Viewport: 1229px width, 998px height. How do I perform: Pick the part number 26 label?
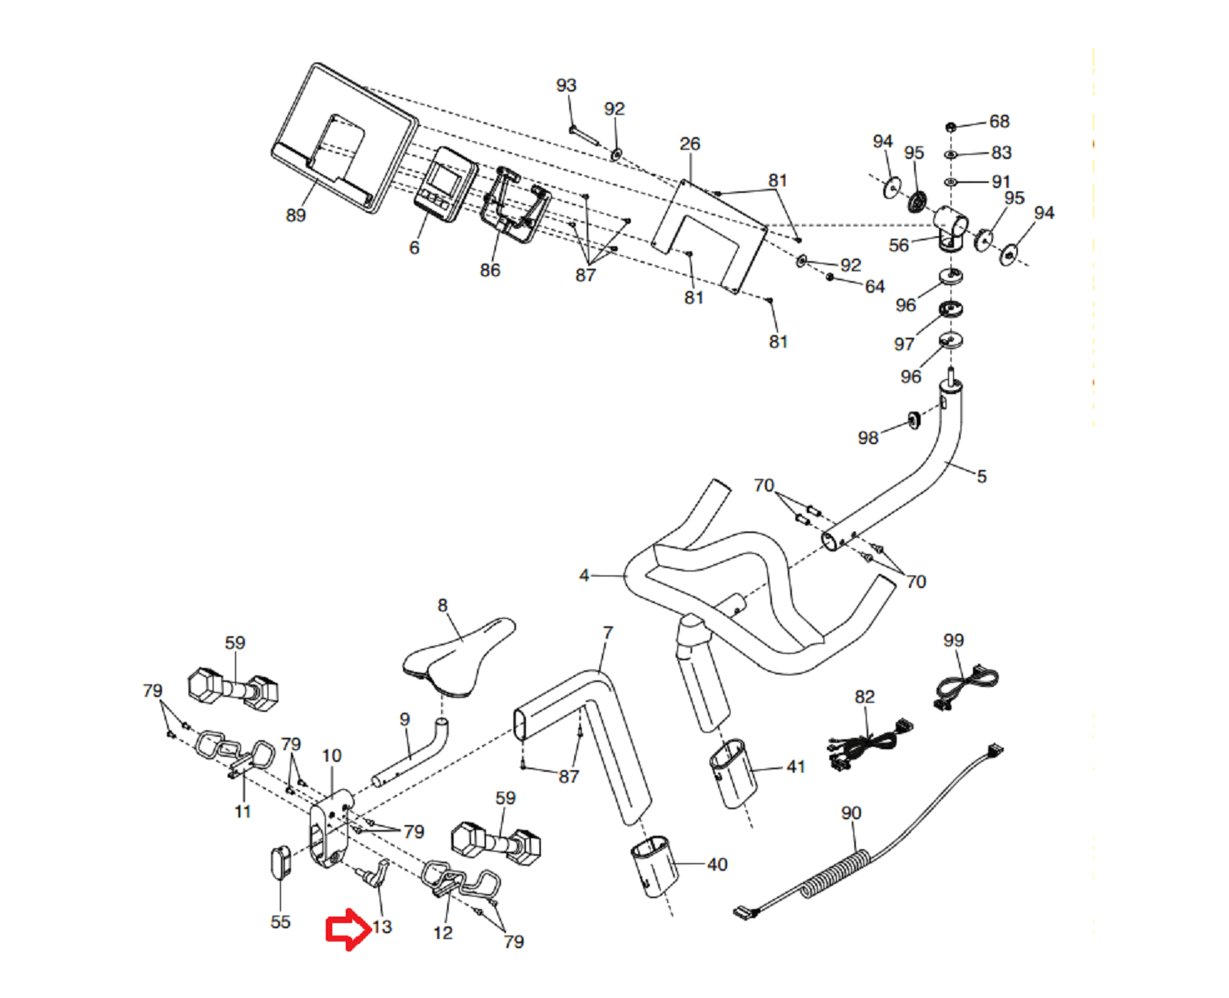pyautogui.click(x=690, y=144)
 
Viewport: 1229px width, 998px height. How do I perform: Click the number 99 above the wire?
pyautogui.click(x=953, y=640)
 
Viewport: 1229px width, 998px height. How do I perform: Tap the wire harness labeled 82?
pyautogui.click(x=868, y=742)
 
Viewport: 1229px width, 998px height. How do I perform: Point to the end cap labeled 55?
pyautogui.click(x=281, y=862)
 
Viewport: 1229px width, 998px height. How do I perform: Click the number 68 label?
pyautogui.click(x=999, y=121)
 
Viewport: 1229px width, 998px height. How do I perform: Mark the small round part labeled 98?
pyautogui.click(x=914, y=419)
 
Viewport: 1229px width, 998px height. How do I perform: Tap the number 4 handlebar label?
pyautogui.click(x=584, y=576)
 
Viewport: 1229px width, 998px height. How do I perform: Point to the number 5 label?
pyautogui.click(x=981, y=477)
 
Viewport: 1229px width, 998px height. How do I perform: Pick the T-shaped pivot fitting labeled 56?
pyautogui.click(x=949, y=225)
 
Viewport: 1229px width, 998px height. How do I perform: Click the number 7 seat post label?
pyautogui.click(x=607, y=633)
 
